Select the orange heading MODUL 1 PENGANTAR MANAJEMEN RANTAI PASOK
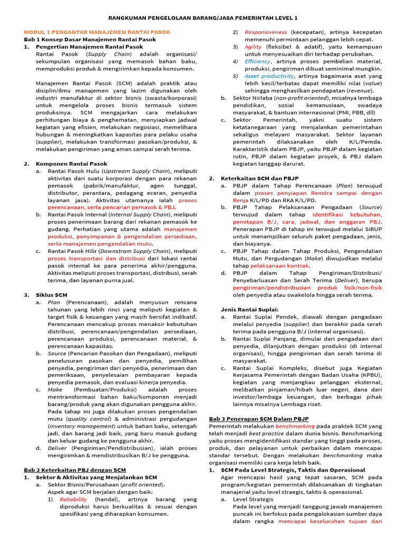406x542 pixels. point(97,32)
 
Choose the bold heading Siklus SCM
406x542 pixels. point(52,294)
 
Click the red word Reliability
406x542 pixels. point(73,499)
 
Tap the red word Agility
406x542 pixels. point(254,47)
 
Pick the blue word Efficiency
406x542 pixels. point(257,61)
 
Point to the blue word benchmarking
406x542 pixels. point(294,426)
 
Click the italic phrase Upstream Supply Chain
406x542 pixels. point(135,171)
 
